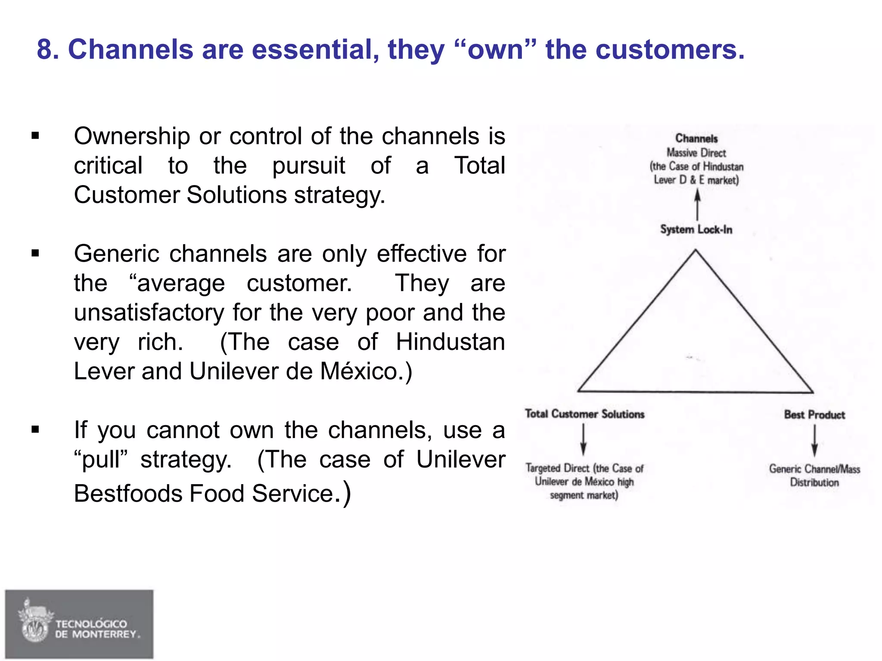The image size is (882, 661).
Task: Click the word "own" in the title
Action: coord(495,50)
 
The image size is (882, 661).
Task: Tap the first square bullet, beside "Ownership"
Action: coord(35,136)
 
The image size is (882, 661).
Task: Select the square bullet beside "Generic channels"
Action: coord(35,253)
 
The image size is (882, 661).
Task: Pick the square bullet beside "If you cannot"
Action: coord(35,429)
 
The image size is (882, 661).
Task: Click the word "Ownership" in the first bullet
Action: coord(132,137)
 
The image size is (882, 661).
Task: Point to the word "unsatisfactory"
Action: coord(149,312)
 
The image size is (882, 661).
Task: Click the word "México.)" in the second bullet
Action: coord(366,371)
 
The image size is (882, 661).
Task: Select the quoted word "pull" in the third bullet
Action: coord(101,460)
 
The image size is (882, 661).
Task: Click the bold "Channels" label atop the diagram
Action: coord(696,139)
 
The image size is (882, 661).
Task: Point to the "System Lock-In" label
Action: coord(696,229)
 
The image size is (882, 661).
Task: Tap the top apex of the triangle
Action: coord(695,251)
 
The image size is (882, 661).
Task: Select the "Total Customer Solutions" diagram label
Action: coord(584,414)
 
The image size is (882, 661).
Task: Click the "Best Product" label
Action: coord(814,415)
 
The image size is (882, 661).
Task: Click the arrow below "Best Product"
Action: coord(814,441)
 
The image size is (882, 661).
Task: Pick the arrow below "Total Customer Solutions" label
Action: coord(583,439)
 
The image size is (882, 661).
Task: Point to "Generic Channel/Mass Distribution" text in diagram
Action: coord(814,476)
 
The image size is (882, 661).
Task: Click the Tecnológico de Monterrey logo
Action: coord(79,624)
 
